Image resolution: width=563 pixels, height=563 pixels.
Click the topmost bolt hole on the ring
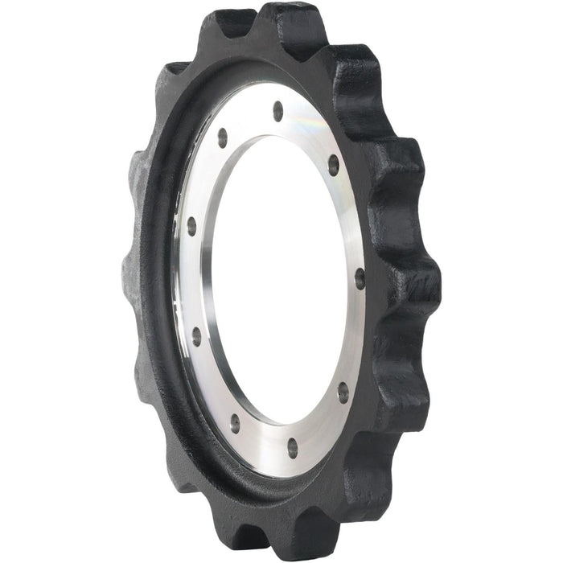(x=278, y=111)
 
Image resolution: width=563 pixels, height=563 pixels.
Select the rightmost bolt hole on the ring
(x=359, y=278)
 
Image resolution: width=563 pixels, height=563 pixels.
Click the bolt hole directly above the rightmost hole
(x=333, y=165)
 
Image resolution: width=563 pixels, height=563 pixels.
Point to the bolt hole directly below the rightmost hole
(x=343, y=392)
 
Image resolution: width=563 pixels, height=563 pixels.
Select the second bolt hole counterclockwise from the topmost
(x=191, y=225)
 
